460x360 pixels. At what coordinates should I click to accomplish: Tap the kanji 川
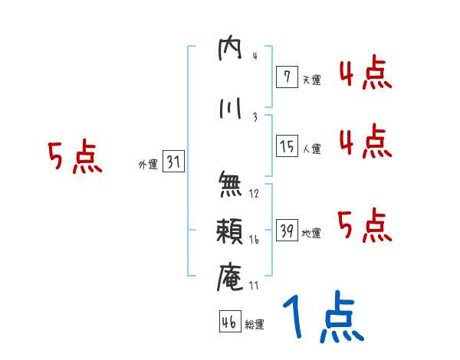[x=230, y=109]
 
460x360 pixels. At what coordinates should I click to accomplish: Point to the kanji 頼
[x=230, y=232]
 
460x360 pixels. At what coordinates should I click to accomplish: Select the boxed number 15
[x=287, y=146]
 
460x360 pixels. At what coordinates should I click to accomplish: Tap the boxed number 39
[x=287, y=231]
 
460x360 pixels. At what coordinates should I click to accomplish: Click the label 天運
[x=311, y=79]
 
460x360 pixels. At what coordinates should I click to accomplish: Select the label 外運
[x=147, y=164]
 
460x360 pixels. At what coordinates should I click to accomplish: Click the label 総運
[x=255, y=325]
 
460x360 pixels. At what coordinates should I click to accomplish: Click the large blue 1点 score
[x=323, y=318]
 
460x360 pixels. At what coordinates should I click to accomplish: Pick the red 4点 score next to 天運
[x=366, y=74]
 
